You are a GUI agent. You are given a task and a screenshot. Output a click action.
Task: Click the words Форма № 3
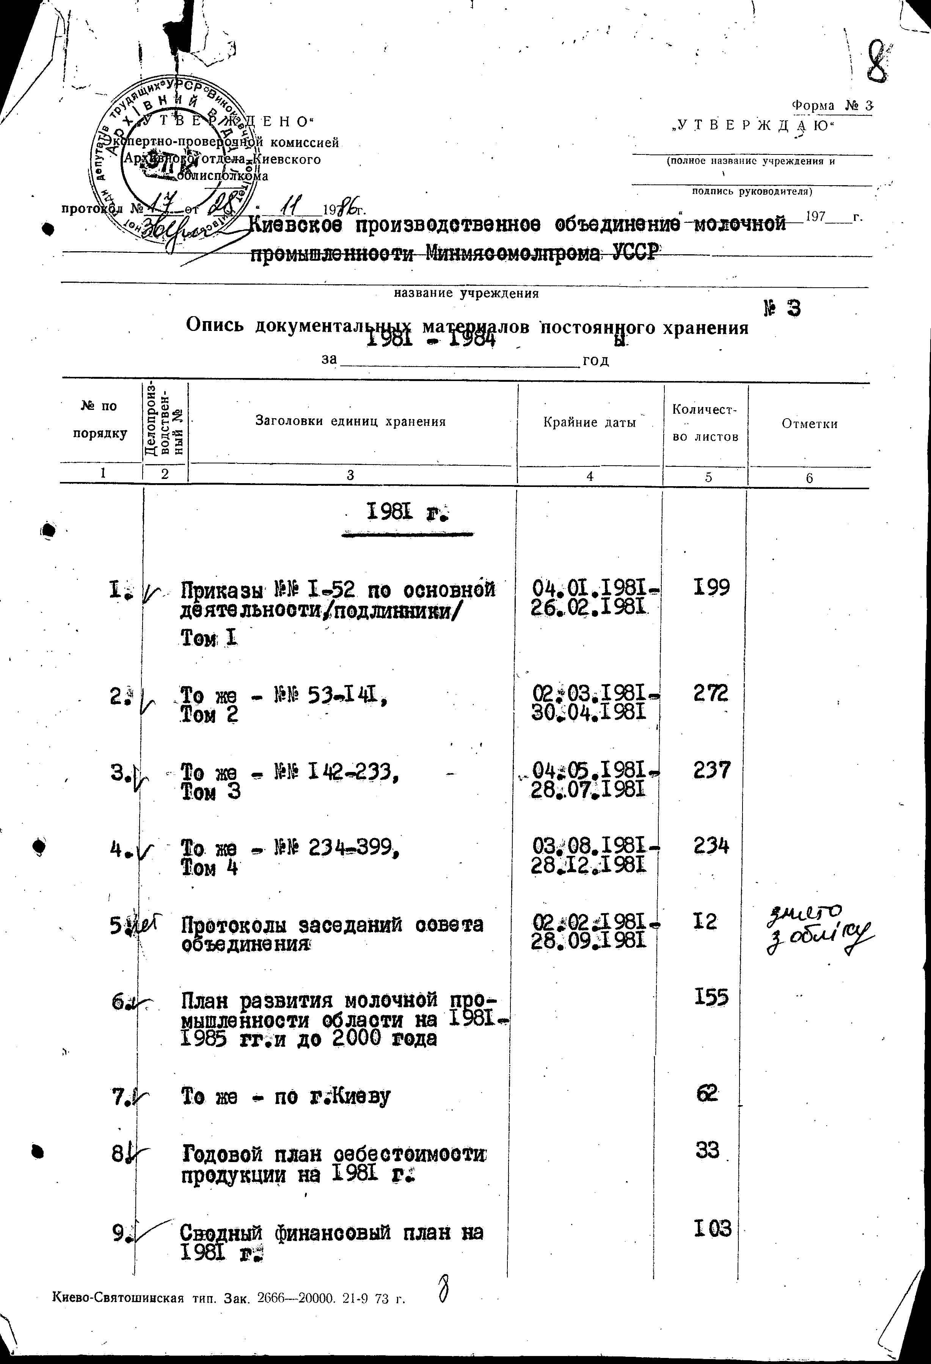pos(832,106)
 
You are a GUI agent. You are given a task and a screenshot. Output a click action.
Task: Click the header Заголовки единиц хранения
pos(350,421)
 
